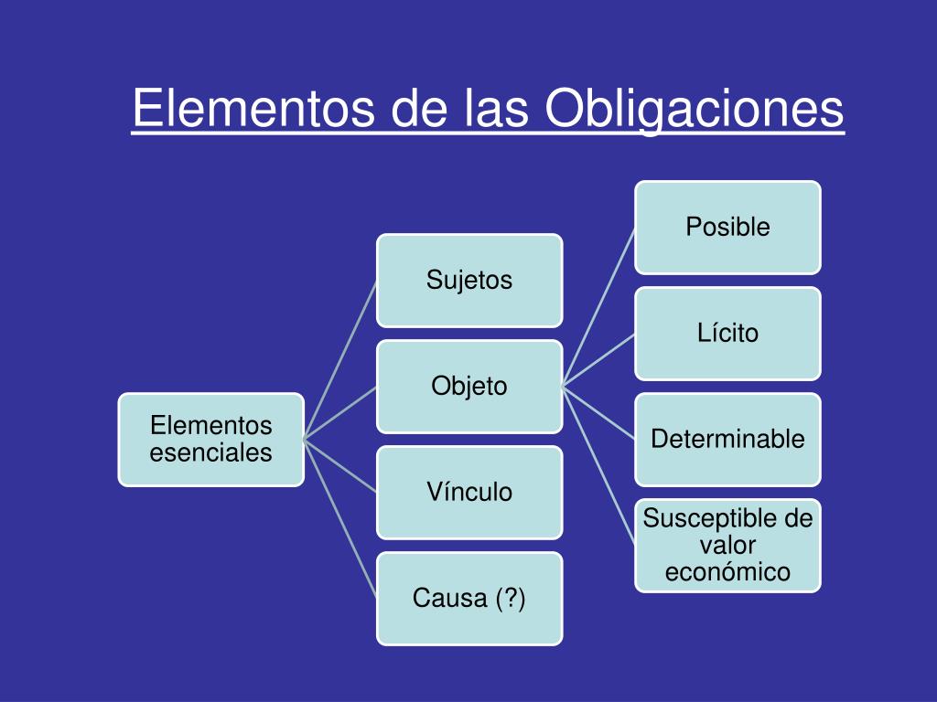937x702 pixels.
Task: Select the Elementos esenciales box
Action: click(x=211, y=440)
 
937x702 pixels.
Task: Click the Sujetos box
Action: click(x=469, y=280)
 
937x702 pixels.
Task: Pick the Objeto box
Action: click(x=469, y=386)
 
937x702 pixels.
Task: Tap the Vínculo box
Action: click(x=469, y=492)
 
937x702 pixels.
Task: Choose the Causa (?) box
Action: click(x=469, y=599)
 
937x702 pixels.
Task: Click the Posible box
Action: click(x=728, y=227)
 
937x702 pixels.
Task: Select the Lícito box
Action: click(x=728, y=333)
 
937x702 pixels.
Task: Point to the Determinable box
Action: click(x=728, y=439)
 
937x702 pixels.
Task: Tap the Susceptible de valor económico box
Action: click(x=728, y=546)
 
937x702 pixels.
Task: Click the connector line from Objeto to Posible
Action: click(x=598, y=306)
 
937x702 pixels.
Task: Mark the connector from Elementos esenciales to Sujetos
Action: click(x=339, y=359)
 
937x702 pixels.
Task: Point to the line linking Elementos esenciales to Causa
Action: click(x=339, y=518)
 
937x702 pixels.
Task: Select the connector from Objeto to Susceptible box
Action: click(x=598, y=465)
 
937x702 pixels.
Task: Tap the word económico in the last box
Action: click(x=728, y=572)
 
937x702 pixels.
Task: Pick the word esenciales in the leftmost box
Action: click(x=211, y=452)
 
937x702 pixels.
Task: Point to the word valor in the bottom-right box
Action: click(x=728, y=546)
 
